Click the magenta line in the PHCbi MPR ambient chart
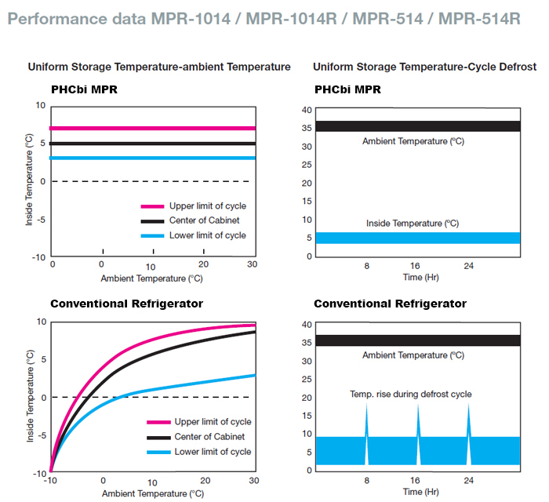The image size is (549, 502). tap(153, 128)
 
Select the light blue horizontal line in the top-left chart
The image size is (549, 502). tap(153, 158)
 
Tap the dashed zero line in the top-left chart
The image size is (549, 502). tap(153, 181)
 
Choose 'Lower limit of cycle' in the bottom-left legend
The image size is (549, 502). tap(213, 451)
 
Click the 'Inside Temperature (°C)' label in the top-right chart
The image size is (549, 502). tap(413, 224)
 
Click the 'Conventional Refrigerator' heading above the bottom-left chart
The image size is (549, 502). tap(127, 304)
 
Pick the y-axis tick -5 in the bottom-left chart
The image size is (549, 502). tap(41, 435)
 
